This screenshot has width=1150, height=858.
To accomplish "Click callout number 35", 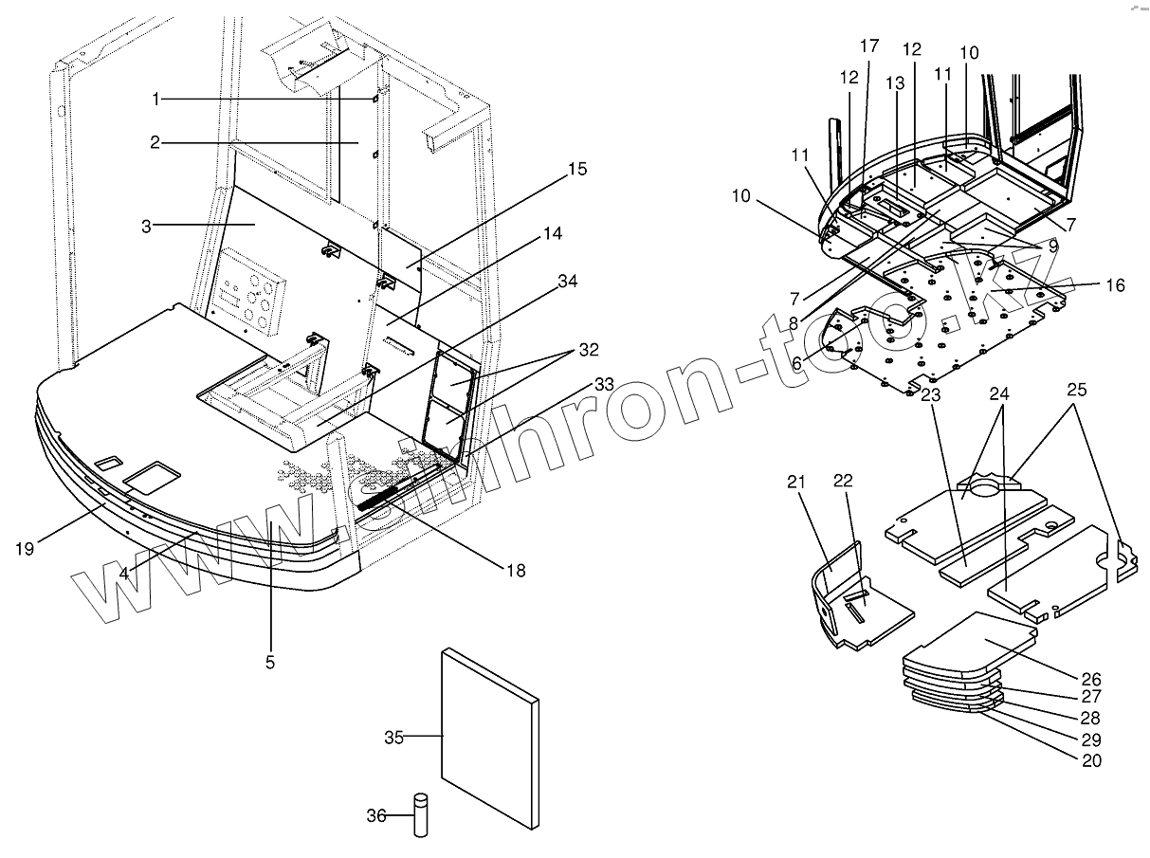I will coord(395,737).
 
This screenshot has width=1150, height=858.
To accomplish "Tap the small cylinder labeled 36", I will coord(421,816).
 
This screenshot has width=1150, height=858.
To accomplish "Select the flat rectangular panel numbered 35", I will coord(488,735).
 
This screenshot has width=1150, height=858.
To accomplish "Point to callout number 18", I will coord(515,570).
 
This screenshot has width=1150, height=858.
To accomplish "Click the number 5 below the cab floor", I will coord(270,663).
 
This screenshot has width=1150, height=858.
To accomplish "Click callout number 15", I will coord(577,170).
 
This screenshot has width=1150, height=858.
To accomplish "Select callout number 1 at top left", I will coord(156,99).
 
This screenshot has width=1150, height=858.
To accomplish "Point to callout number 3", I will coord(148,226).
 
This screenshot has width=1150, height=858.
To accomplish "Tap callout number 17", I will coord(869,46).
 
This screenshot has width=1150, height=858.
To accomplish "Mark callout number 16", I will coord(1115,284).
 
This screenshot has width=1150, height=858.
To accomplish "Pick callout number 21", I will coord(795,483).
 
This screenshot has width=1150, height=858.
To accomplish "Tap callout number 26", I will coord(1091,679).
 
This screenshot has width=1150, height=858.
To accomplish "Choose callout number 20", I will coord(1091,759).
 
